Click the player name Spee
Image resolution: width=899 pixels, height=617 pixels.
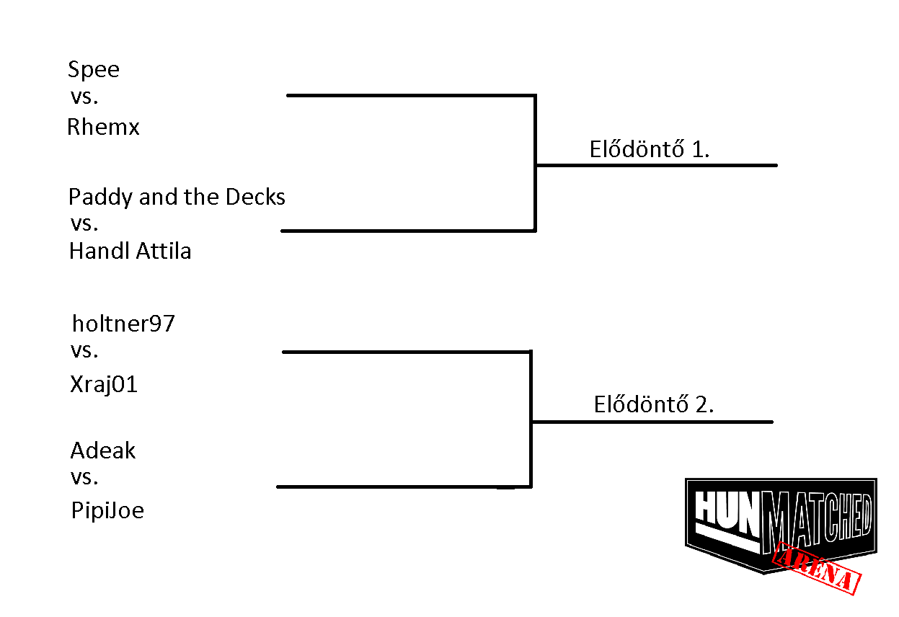point(94,70)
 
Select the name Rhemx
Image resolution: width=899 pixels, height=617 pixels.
point(103,127)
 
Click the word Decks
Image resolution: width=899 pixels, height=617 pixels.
point(255,197)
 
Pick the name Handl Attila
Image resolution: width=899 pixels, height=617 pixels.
point(130,251)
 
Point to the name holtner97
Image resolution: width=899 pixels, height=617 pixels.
point(123,324)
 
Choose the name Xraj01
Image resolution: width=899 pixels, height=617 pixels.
point(104,384)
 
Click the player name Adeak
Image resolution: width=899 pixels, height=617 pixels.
point(103,450)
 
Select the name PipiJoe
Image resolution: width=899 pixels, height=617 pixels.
point(107,510)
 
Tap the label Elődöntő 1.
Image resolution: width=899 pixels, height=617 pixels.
point(650,148)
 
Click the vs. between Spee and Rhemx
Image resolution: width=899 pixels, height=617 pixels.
point(84,97)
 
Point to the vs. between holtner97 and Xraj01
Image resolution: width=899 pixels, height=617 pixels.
point(84,351)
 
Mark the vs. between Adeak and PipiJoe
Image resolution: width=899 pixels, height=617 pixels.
point(84,478)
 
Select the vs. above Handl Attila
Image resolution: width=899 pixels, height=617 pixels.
point(84,224)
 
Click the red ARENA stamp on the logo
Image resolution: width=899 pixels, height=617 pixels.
point(817,568)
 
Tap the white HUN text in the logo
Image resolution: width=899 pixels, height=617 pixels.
point(727,512)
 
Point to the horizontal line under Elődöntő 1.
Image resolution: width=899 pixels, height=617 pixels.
point(657,165)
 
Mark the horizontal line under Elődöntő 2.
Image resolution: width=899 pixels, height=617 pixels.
point(652,422)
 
